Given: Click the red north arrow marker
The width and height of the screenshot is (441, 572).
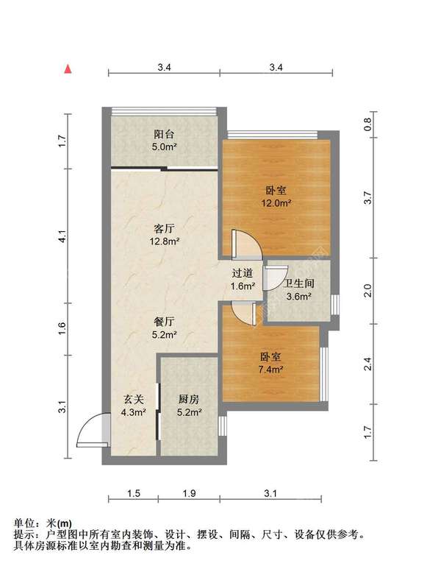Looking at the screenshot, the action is click(68, 69).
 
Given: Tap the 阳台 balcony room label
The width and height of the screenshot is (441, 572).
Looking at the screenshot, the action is click(164, 134).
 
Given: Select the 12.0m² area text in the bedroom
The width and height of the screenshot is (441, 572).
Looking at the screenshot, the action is click(276, 203).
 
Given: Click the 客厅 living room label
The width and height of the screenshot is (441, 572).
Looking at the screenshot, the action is click(164, 229).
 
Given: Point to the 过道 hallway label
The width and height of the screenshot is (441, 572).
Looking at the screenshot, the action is click(243, 273).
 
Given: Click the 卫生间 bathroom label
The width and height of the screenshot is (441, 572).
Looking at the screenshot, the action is click(298, 283).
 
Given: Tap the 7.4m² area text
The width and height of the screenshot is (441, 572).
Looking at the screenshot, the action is click(271, 369).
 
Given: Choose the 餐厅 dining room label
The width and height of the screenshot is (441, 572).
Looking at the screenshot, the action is click(164, 322).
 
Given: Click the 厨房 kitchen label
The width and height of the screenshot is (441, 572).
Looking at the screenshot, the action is click(189, 400).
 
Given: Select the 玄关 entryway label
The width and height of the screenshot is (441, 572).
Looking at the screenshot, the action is click(134, 400).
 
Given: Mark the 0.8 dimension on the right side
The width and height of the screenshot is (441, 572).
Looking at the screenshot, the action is click(367, 124).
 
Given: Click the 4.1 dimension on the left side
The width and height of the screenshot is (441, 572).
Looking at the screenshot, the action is click(62, 236).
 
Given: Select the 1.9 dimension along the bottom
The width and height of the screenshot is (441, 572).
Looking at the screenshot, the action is click(189, 493).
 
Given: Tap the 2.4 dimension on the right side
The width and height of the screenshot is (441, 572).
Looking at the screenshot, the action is click(367, 364).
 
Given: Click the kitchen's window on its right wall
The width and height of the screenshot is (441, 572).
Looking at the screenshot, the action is click(222, 426).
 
